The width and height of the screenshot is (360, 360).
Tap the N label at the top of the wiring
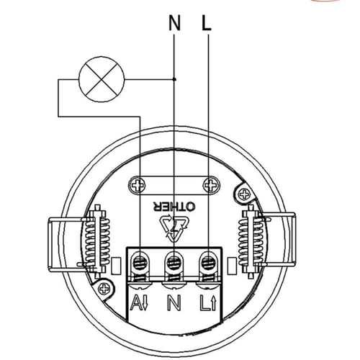pyautogui.click(x=174, y=23)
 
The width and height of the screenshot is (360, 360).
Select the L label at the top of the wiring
pyautogui.click(x=207, y=23)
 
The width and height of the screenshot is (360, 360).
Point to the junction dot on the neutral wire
pyautogui.click(x=175, y=79)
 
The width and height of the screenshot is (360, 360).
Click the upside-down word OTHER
pyautogui.click(x=174, y=207)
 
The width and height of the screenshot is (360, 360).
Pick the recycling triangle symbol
pyautogui.click(x=175, y=227)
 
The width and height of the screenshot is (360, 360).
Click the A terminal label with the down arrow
pyautogui.click(x=139, y=303)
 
